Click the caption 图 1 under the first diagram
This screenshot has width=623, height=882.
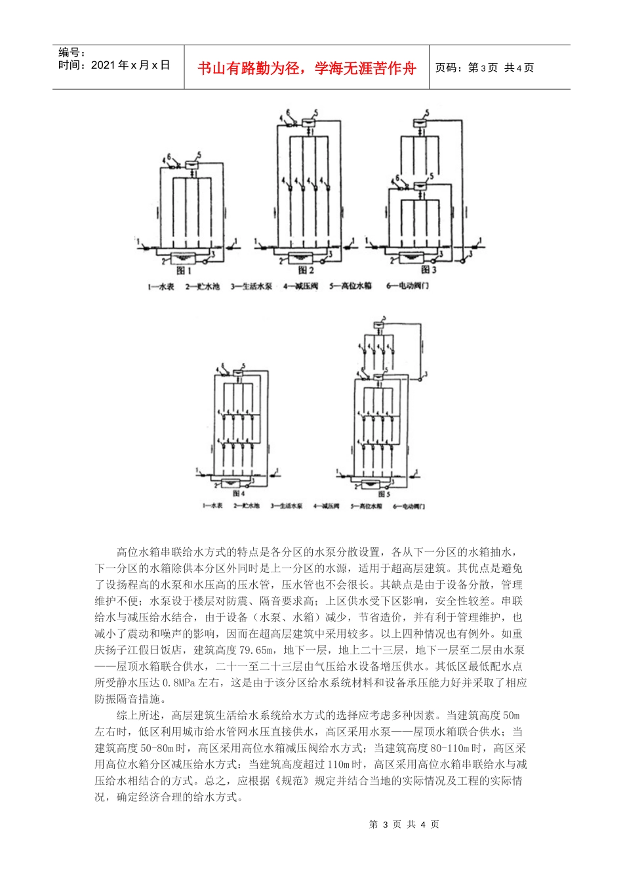pos(184,270)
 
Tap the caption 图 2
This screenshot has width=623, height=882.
pos(306,270)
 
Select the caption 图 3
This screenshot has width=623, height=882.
pos(428,270)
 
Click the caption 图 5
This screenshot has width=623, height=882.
pos(384,494)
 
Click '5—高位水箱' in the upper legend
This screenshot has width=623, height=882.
pos(351,287)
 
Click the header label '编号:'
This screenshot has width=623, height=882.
pos(71,52)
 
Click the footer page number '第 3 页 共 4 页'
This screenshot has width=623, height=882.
pos(405,825)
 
